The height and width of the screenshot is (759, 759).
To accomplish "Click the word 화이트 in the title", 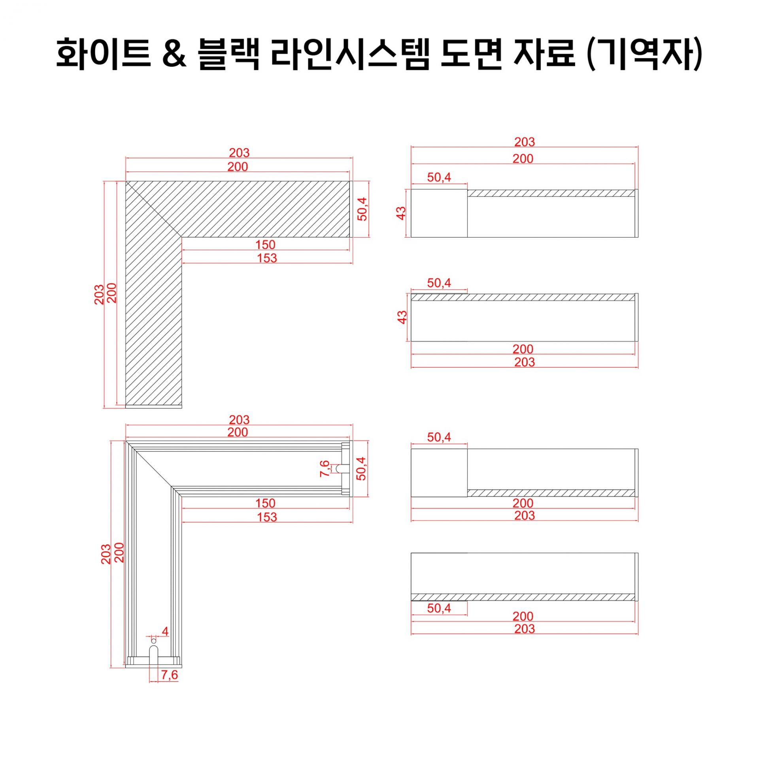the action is pyautogui.click(x=103, y=54).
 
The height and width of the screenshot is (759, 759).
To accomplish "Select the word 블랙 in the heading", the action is pyautogui.click(x=228, y=54).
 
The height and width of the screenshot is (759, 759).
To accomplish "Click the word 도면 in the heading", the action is pyautogui.click(x=471, y=54).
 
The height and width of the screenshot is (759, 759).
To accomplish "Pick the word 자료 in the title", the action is pyautogui.click(x=544, y=54).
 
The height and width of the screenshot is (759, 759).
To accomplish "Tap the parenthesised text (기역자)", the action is pyautogui.click(x=645, y=55).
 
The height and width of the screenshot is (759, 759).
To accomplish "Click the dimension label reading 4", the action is pyautogui.click(x=165, y=631).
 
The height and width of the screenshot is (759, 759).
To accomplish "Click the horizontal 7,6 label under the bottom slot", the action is pyautogui.click(x=170, y=675).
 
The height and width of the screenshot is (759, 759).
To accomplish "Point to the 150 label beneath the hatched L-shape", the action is pyautogui.click(x=265, y=245).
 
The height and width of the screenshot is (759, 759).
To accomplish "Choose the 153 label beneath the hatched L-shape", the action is pyautogui.click(x=267, y=258).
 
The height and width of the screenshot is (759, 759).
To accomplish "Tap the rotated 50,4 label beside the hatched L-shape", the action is pyautogui.click(x=362, y=209).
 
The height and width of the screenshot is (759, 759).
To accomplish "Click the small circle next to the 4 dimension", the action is pyautogui.click(x=154, y=640).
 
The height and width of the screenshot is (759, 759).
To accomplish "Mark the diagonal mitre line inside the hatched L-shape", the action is pyautogui.click(x=154, y=209).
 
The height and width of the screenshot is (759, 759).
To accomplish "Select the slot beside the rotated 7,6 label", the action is pyautogui.click(x=341, y=468).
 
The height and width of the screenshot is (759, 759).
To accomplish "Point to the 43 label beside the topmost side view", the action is pyautogui.click(x=401, y=213).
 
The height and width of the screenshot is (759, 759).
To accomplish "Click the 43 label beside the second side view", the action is pyautogui.click(x=402, y=317).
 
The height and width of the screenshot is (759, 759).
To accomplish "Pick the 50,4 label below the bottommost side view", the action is pyautogui.click(x=439, y=608).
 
